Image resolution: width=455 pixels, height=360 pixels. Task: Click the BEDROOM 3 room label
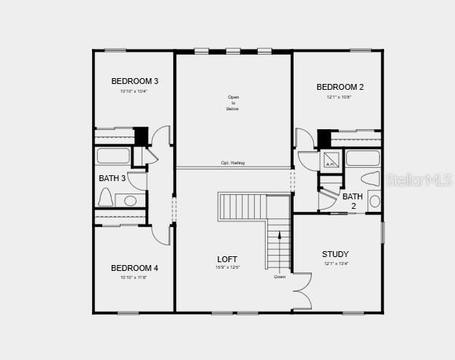pos(134,81)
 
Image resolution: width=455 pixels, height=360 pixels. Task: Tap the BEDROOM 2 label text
pos(340,87)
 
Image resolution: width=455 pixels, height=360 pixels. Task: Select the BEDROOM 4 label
pos(134,268)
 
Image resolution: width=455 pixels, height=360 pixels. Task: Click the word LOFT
pos(227,259)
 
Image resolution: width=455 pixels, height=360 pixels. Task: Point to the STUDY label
pos(335,254)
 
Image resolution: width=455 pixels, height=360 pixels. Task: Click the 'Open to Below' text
pos(233,103)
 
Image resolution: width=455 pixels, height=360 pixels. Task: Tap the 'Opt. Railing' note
pos(233,163)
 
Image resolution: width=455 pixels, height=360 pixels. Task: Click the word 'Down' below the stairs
pos(280,277)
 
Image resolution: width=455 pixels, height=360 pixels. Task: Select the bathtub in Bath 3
pos(113,156)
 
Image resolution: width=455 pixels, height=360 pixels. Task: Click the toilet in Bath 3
pos(105,197)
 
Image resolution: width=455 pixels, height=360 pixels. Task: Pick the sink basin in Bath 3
pos(131,200)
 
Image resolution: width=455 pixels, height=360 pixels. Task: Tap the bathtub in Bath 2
pos(362,158)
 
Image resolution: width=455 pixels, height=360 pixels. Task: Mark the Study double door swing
pos(302,291)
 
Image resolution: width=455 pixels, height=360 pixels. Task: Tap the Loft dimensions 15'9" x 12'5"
pos(227,267)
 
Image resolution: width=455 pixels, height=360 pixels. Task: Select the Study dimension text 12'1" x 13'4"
pos(336,264)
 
